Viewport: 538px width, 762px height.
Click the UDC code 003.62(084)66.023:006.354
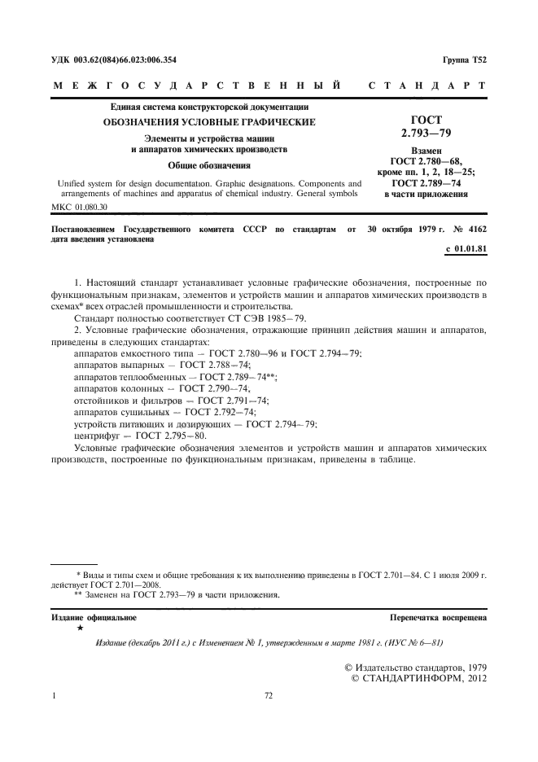[x=127, y=60]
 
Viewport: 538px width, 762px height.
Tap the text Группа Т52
[x=464, y=60]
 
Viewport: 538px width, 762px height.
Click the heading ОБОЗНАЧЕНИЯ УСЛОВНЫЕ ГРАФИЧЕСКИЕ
[x=208, y=122]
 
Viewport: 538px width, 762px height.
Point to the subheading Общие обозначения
[x=209, y=165]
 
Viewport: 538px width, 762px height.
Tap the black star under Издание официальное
[x=79, y=628]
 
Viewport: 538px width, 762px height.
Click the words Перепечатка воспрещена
[x=438, y=618]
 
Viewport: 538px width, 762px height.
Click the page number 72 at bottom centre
[x=269, y=696]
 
